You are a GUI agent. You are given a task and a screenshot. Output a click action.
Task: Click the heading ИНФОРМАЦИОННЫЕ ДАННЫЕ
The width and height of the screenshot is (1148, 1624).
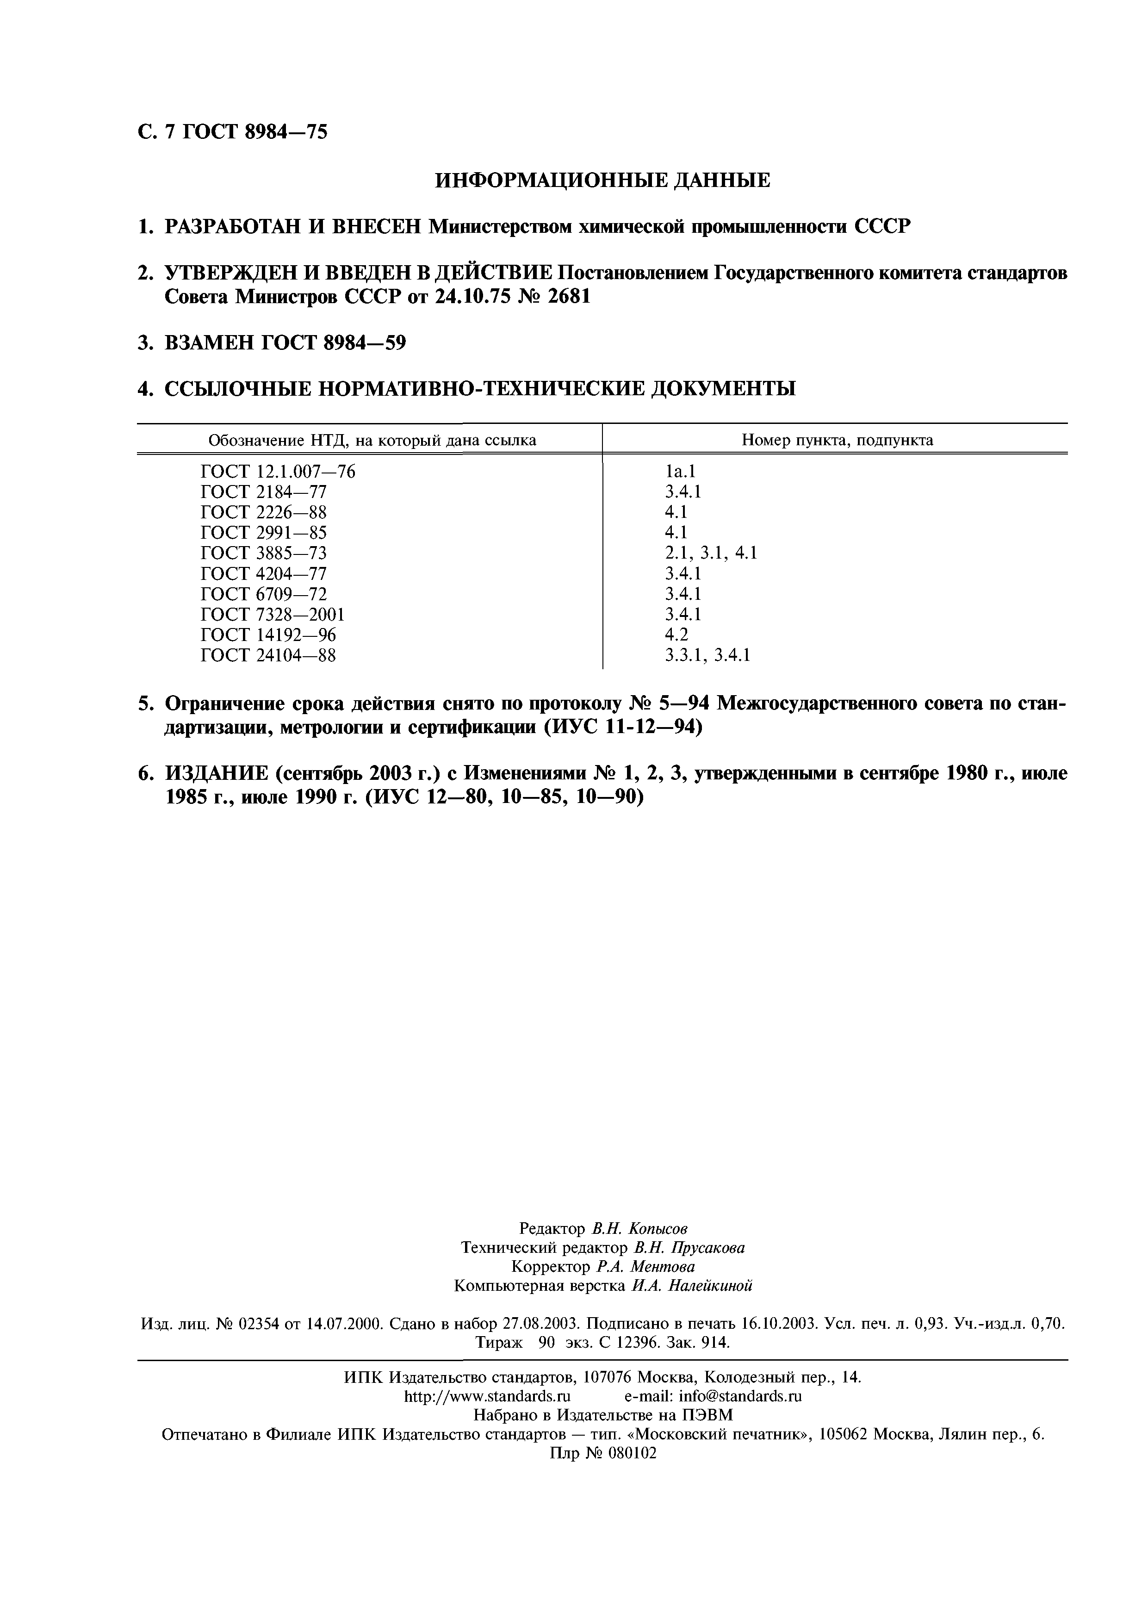[602, 181]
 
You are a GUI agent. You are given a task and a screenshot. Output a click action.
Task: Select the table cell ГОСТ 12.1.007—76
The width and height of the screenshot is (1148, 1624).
[278, 472]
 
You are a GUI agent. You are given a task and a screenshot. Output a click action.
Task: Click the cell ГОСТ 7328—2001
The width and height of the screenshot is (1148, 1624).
[273, 615]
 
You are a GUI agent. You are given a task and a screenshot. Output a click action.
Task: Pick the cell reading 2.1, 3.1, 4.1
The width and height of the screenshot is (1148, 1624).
[711, 553]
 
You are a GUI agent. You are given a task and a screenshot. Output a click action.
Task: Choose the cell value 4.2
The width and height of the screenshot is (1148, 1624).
[676, 635]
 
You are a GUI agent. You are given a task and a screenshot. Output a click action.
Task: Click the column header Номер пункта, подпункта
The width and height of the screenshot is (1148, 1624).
[837, 441]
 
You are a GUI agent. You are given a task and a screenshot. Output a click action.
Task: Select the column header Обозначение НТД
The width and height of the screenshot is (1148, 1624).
[372, 441]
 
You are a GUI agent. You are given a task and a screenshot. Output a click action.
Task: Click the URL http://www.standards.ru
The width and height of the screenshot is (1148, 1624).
[487, 1376]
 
